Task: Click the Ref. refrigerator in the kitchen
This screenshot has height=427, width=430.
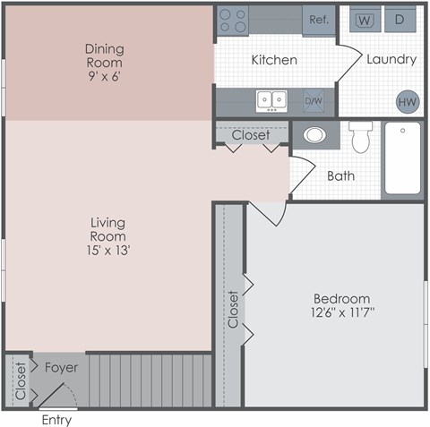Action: pyautogui.click(x=318, y=20)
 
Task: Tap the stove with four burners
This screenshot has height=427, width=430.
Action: pyautogui.click(x=233, y=20)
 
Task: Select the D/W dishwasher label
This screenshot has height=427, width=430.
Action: pyautogui.click(x=313, y=100)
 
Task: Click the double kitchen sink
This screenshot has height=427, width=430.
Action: pyautogui.click(x=271, y=99)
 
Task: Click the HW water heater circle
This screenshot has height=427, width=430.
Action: pyautogui.click(x=408, y=101)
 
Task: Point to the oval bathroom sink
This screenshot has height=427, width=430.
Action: pyautogui.click(x=314, y=136)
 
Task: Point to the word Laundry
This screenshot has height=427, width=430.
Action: pyautogui.click(x=391, y=60)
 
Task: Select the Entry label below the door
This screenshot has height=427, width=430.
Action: pyautogui.click(x=56, y=420)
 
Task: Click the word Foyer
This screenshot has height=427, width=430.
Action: pyautogui.click(x=61, y=367)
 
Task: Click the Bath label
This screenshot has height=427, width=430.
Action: pyautogui.click(x=340, y=176)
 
